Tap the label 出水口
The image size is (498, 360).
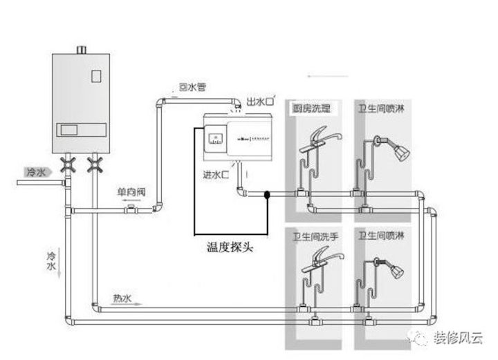260,103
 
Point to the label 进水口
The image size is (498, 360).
216,175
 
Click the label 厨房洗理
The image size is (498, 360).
313,109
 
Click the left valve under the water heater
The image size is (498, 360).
68,165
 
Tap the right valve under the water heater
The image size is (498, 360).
95,165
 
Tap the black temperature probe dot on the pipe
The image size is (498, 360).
266,196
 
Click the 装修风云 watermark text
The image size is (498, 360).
459,338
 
